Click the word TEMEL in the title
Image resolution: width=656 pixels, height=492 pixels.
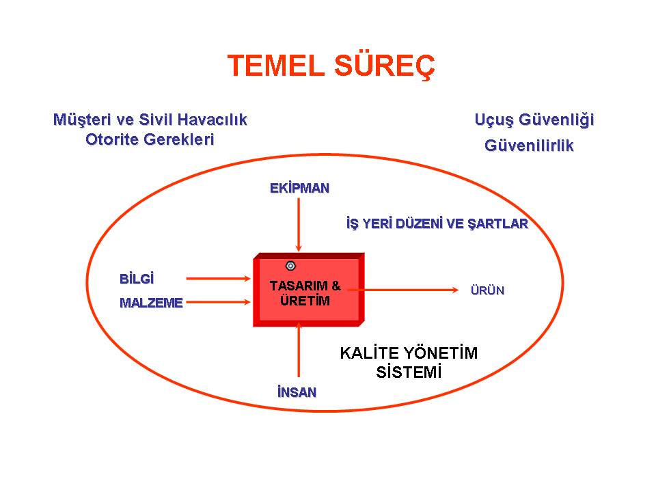point(276,66)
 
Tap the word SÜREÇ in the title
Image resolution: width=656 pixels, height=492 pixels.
point(385,66)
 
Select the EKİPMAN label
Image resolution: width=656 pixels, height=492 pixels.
point(299,189)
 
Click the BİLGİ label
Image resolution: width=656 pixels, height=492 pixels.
point(137,279)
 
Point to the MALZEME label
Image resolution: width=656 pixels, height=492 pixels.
point(151,303)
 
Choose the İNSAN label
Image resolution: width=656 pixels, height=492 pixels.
point(297,392)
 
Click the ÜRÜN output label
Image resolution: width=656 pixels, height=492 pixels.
point(487,290)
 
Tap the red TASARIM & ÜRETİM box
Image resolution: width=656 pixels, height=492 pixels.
point(309,290)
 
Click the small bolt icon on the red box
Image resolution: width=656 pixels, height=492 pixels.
point(290,266)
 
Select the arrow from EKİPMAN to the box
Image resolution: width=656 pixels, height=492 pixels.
point(299,225)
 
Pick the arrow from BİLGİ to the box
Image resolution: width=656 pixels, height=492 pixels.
point(219,278)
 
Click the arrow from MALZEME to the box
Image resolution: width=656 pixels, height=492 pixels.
point(219,302)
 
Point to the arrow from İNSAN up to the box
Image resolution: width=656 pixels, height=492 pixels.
point(299,350)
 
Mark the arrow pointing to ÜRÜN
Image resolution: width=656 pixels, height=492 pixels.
point(403,290)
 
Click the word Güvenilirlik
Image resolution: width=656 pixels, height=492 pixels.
point(529,146)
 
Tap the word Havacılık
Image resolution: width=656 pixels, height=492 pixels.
point(213,120)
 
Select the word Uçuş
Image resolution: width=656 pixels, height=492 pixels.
point(493,120)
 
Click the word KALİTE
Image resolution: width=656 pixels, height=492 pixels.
point(369,353)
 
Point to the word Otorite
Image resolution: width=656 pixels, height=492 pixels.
point(112,139)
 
